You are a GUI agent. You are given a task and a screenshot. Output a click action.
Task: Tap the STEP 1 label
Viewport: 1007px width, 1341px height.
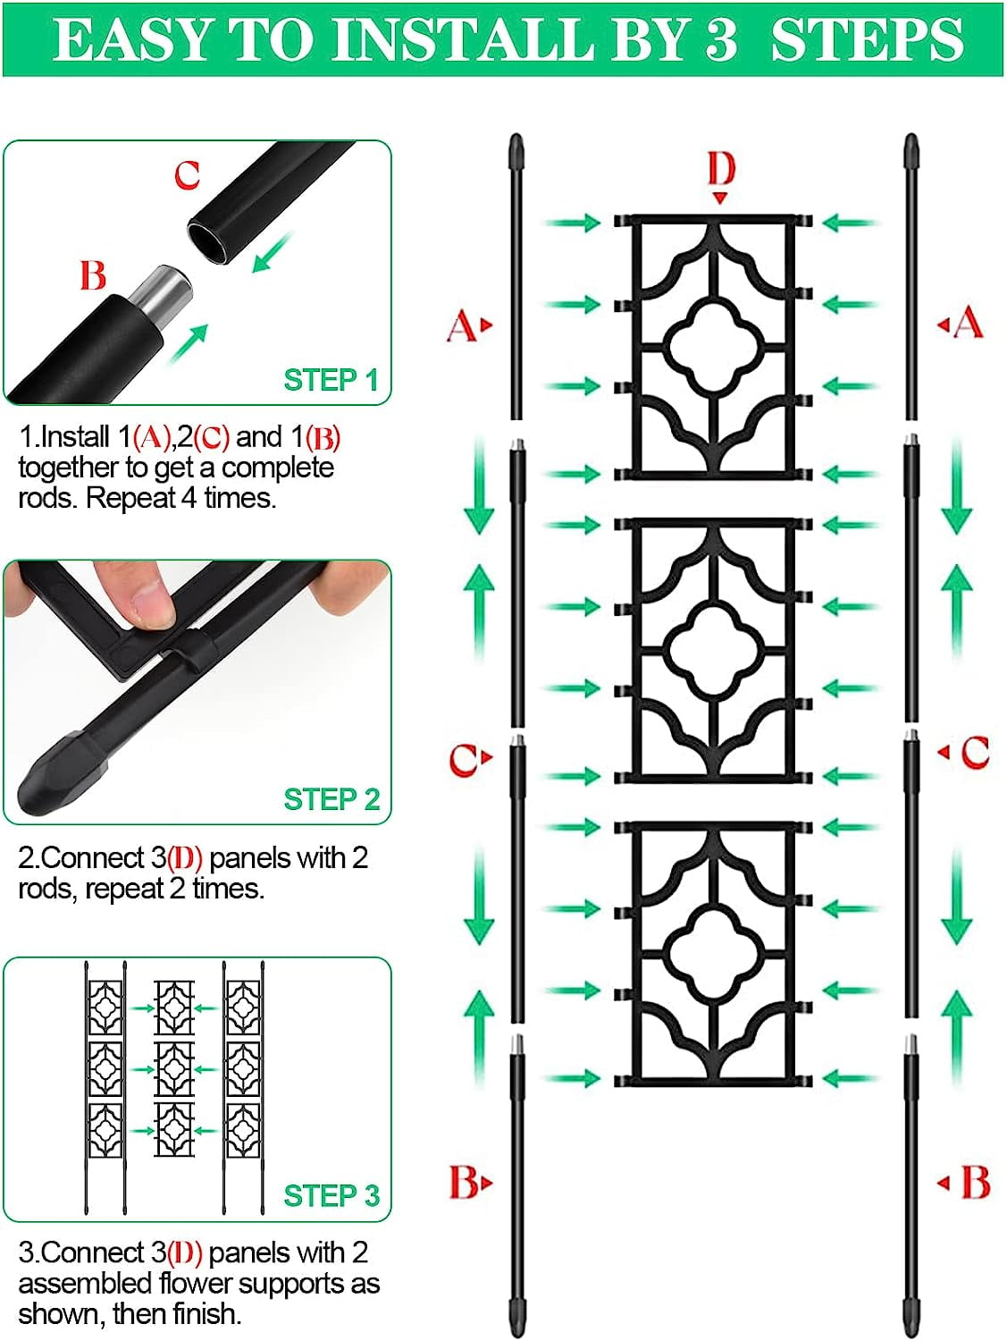coord(331,380)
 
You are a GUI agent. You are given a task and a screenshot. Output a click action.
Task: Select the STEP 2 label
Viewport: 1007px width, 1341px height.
coord(331,799)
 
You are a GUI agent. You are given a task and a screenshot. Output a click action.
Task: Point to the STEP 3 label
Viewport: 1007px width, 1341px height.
coord(331,1195)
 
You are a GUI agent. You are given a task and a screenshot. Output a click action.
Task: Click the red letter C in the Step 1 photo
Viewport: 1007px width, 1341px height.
coord(188,175)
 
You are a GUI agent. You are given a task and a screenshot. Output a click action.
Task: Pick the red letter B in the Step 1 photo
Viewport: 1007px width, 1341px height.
coord(93,275)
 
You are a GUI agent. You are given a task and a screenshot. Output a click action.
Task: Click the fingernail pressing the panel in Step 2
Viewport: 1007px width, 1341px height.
coord(152,607)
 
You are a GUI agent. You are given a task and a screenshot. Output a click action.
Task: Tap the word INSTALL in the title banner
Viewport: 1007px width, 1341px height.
coord(462,39)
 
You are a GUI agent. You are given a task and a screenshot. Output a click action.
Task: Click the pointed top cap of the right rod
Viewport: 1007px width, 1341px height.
coord(911,151)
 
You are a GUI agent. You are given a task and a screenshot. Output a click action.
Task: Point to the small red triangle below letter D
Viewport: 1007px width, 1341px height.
coord(720,198)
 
